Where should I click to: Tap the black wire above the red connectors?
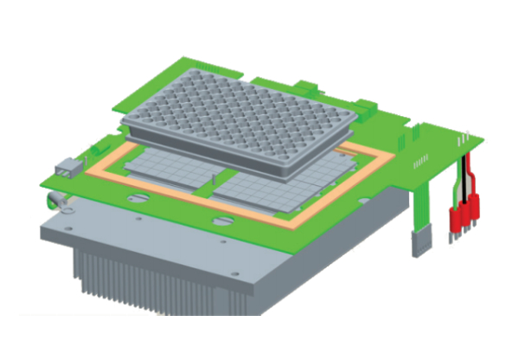tap(465, 177)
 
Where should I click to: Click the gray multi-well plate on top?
tap(239, 117)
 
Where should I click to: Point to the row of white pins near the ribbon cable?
tap(420, 163)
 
